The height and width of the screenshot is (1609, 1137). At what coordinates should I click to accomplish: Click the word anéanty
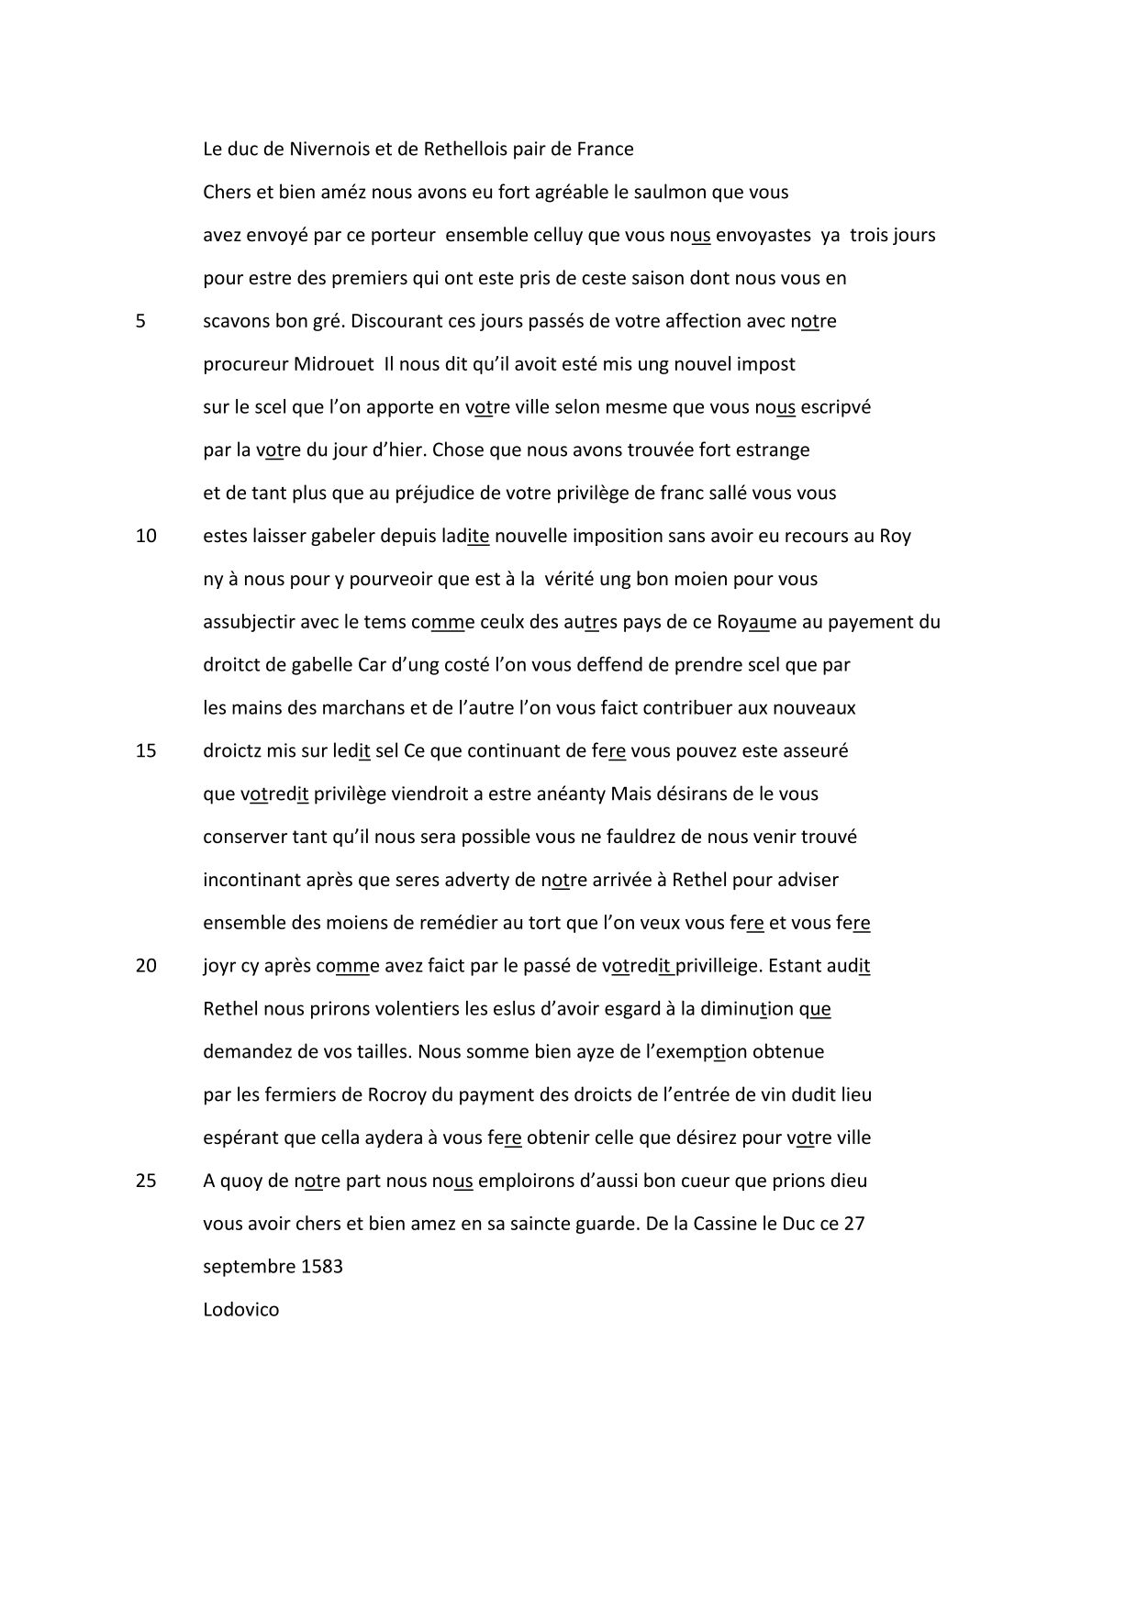tap(573, 793)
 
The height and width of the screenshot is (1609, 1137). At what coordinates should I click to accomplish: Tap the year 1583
tap(321, 1267)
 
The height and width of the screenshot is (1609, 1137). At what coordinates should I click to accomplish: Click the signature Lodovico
tap(240, 1309)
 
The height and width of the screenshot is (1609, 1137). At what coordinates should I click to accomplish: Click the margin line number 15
tap(146, 750)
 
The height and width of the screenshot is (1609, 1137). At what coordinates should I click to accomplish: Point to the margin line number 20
tap(146, 965)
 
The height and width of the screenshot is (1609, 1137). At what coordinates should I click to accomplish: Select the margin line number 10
tap(146, 536)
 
